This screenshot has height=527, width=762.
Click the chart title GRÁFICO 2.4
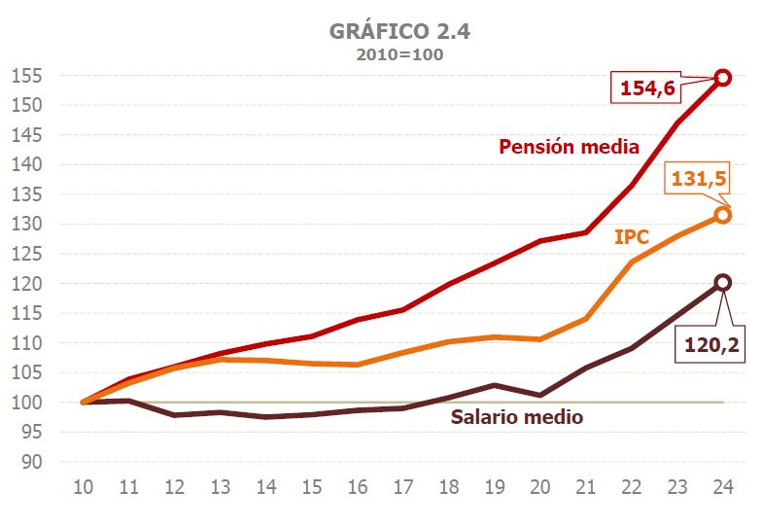399,30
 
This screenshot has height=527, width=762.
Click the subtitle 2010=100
399,54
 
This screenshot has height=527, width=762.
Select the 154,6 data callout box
646,88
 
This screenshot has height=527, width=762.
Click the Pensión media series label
569,147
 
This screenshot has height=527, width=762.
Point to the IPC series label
631,236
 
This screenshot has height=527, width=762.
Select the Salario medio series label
517,417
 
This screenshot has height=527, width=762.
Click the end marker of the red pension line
722,78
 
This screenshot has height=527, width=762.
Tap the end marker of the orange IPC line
722,215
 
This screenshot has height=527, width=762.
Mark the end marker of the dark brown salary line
722,282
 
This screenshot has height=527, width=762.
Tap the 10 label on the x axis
84,484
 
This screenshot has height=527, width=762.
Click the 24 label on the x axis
722,484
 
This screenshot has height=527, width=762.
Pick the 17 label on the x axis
402,484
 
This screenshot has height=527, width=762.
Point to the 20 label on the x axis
539,484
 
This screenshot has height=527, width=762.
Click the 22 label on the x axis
631,484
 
